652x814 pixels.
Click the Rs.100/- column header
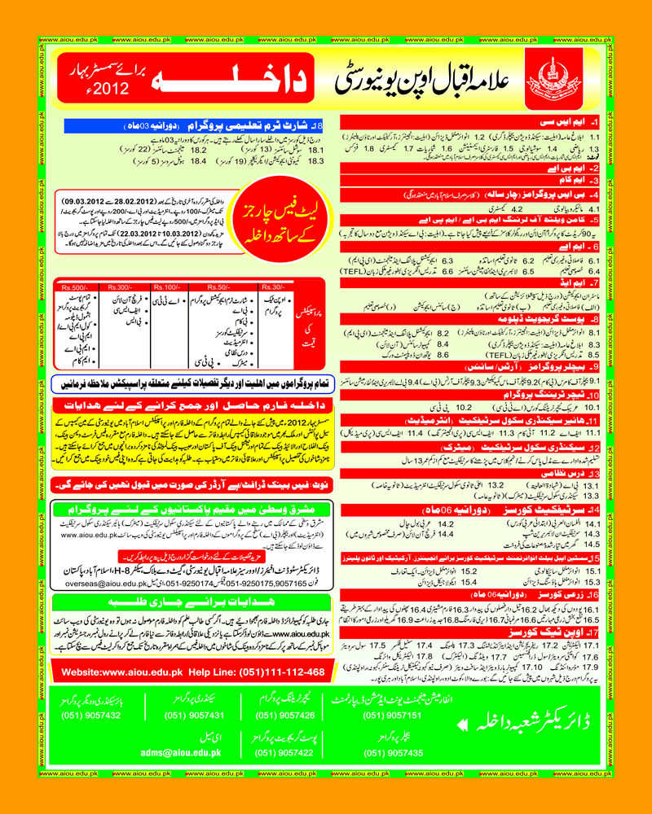(168, 287)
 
